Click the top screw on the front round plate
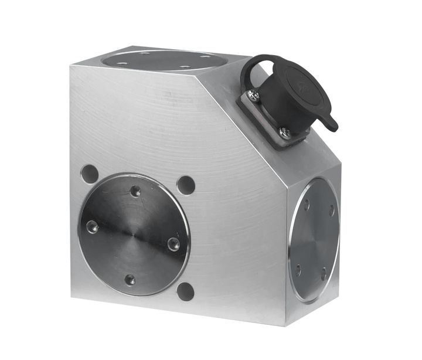(136, 191)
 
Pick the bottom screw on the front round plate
(130, 279)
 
